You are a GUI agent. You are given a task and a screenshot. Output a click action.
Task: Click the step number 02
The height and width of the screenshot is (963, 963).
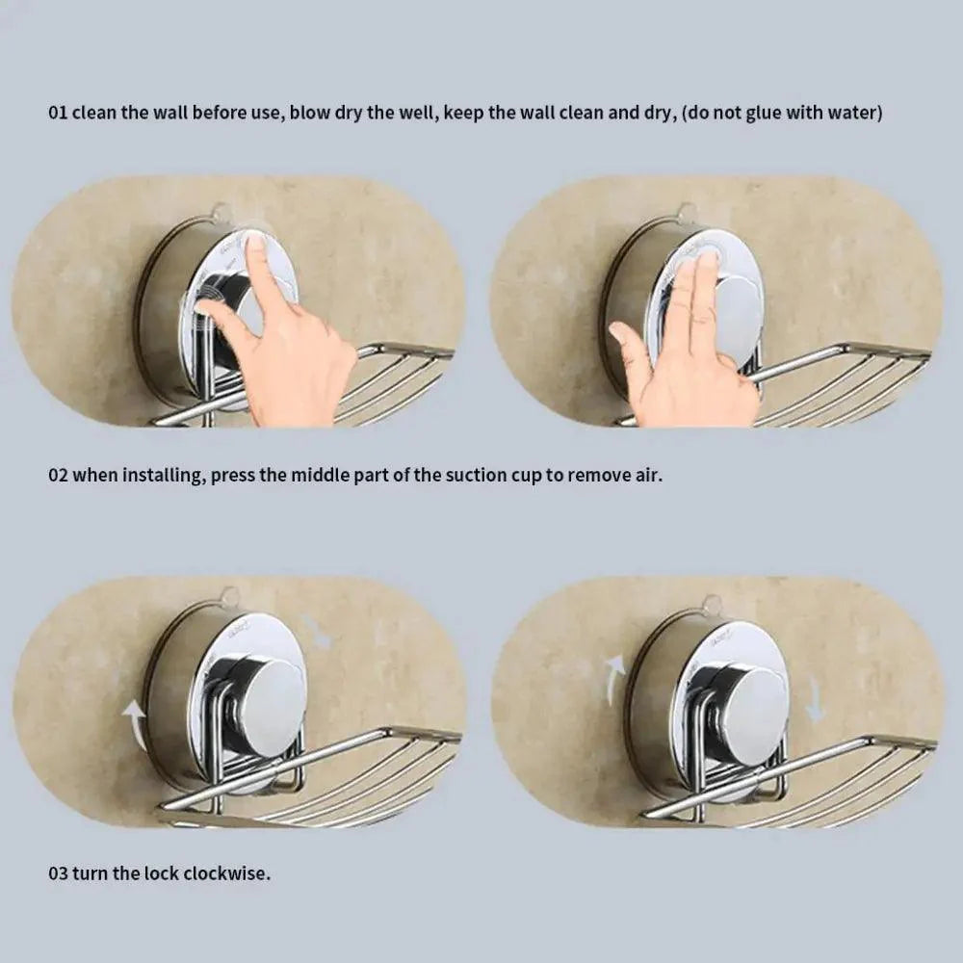(58, 476)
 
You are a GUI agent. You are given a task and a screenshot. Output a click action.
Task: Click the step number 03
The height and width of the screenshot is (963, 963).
(58, 873)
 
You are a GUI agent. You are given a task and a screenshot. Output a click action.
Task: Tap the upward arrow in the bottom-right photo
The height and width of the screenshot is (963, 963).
(612, 679)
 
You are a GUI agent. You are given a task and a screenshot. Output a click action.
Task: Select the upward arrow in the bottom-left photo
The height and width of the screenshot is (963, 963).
(137, 726)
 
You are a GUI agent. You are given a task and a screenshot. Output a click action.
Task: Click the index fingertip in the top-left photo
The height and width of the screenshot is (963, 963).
(255, 244)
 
